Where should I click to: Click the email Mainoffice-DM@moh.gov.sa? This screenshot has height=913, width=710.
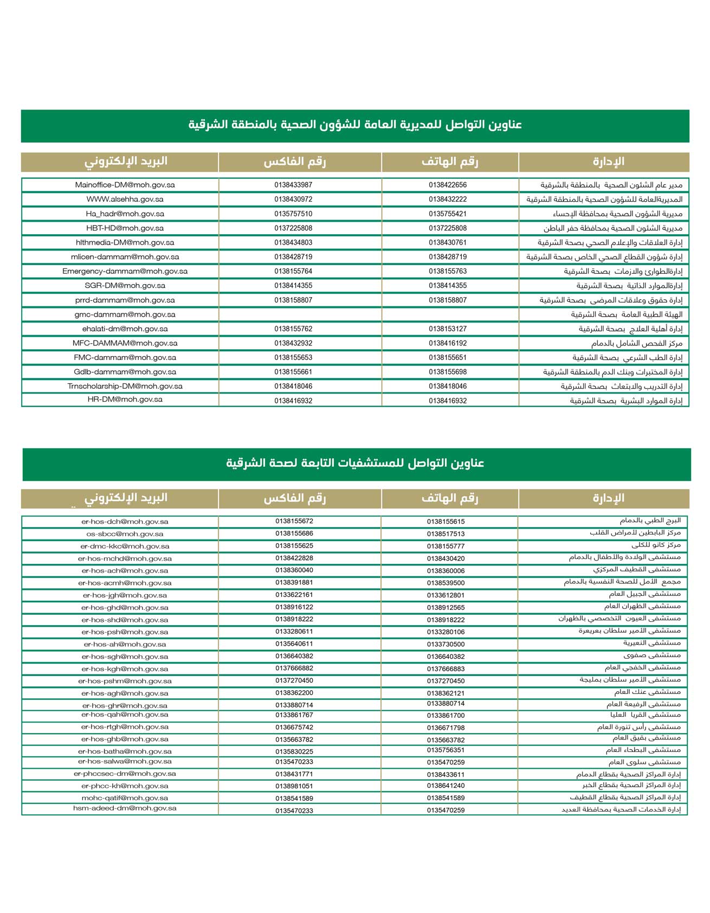pos(125,185)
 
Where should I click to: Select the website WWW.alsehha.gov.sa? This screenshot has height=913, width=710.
pos(125,200)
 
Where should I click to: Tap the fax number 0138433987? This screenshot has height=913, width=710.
pos(293,185)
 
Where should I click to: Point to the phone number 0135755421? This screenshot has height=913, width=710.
pos(447,214)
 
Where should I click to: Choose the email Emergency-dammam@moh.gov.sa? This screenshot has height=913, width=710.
pos(125,271)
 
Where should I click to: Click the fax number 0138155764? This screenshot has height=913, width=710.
pos(293,271)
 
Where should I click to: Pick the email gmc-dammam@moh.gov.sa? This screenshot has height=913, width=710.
pos(125,314)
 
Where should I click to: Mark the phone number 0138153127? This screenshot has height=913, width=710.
pos(447,329)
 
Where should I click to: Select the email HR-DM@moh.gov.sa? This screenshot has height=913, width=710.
pos(125,400)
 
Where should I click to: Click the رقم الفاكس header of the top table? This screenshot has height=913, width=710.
pos(294,162)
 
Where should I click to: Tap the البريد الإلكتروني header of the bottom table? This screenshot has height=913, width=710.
pos(125,498)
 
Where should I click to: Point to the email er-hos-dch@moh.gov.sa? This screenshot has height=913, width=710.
pos(125,522)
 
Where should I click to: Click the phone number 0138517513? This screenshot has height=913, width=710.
pos(446,534)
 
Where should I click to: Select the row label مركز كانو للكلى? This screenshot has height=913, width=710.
pos(656,545)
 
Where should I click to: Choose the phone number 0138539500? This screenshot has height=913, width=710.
pos(446,583)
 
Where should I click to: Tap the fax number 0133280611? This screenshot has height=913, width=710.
pos(294,632)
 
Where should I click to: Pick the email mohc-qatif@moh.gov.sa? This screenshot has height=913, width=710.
pos(125,798)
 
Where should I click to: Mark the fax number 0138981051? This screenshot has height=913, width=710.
pos(294,786)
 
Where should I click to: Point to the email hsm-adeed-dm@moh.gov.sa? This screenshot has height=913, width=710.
pos(125,808)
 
